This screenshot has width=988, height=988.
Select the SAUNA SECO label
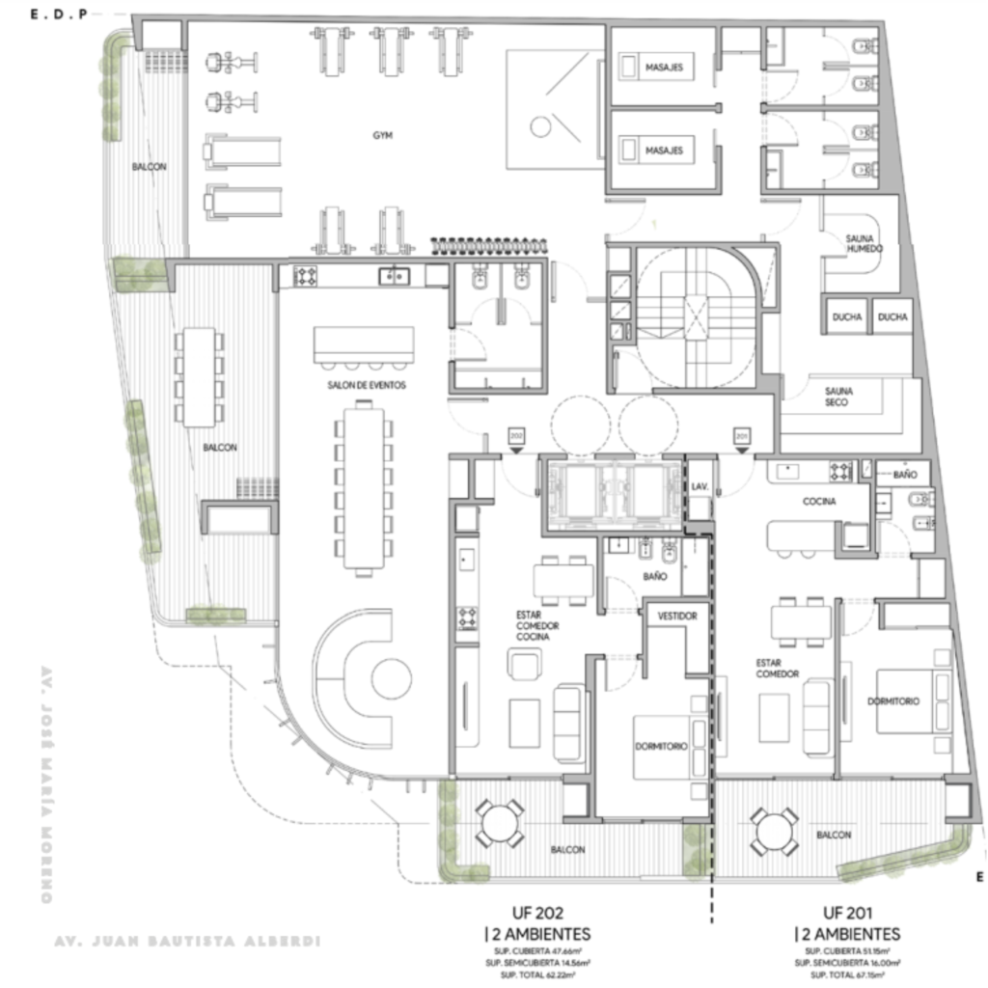pos(837,396)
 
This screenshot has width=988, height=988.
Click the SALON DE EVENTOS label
pos(367,385)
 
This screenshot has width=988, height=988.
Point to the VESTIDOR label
pos(677,615)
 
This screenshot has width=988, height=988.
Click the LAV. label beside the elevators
pos(700,488)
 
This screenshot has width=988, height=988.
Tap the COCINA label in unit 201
pos(818,502)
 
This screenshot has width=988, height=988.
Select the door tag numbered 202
pos(516,435)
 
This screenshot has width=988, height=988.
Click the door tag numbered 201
pos(742,435)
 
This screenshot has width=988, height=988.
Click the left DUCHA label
pos(847,316)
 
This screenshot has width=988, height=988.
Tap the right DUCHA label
pos(892,316)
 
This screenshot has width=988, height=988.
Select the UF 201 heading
pos(847,912)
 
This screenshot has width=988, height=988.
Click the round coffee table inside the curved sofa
pos(392,677)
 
